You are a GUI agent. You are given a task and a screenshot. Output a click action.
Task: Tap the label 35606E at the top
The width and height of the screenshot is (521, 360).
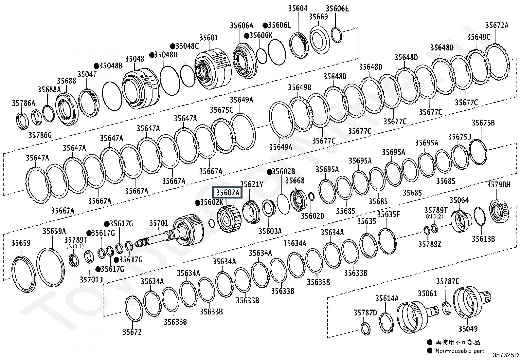pyautogui.click(x=337, y=9)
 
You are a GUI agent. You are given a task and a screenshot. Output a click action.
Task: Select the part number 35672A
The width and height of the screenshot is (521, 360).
pyautogui.click(x=497, y=25)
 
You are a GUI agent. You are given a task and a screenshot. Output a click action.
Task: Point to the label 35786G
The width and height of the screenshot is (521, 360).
pyautogui.click(x=40, y=135)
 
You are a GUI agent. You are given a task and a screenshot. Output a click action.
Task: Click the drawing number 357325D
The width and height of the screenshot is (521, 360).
pyautogui.click(x=506, y=355)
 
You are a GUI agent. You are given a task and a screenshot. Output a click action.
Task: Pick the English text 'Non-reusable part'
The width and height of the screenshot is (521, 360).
pyautogui.click(x=459, y=351)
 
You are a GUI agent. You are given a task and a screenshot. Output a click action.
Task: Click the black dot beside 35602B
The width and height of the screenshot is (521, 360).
pyautogui.click(x=270, y=172)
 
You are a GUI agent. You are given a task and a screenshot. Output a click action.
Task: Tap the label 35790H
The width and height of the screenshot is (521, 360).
pyautogui.click(x=498, y=184)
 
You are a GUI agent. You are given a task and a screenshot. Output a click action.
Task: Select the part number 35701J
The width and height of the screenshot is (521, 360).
pyautogui.click(x=91, y=279)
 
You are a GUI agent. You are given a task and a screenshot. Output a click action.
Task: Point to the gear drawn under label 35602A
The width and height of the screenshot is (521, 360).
pyautogui.click(x=229, y=218)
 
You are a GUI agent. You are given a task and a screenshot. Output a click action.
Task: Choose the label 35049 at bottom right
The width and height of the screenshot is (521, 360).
pyautogui.click(x=468, y=329)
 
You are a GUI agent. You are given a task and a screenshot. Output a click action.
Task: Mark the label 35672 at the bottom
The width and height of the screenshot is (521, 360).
pyautogui.click(x=132, y=332)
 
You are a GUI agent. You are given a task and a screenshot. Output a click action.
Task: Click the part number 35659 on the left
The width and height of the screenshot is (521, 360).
pyautogui.click(x=21, y=243)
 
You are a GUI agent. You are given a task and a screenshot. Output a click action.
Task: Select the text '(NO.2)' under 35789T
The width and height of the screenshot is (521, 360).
pyautogui.click(x=435, y=217)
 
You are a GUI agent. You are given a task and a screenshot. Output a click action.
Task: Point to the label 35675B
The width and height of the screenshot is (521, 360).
pyautogui.click(x=483, y=123)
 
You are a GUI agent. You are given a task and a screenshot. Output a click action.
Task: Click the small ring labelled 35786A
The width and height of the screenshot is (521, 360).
pyautogui.click(x=22, y=121)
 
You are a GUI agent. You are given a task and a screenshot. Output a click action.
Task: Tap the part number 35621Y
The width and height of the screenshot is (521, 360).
pyautogui.click(x=252, y=184)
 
